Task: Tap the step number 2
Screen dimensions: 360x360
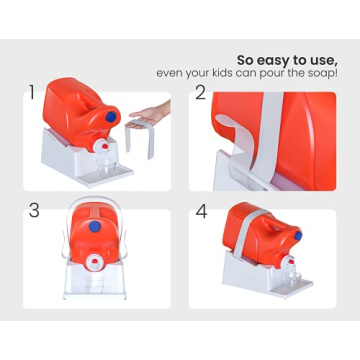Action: pos(201,95)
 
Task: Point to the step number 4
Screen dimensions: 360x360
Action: pos(201,211)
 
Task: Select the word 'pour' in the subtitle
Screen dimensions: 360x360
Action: pos(280,72)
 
